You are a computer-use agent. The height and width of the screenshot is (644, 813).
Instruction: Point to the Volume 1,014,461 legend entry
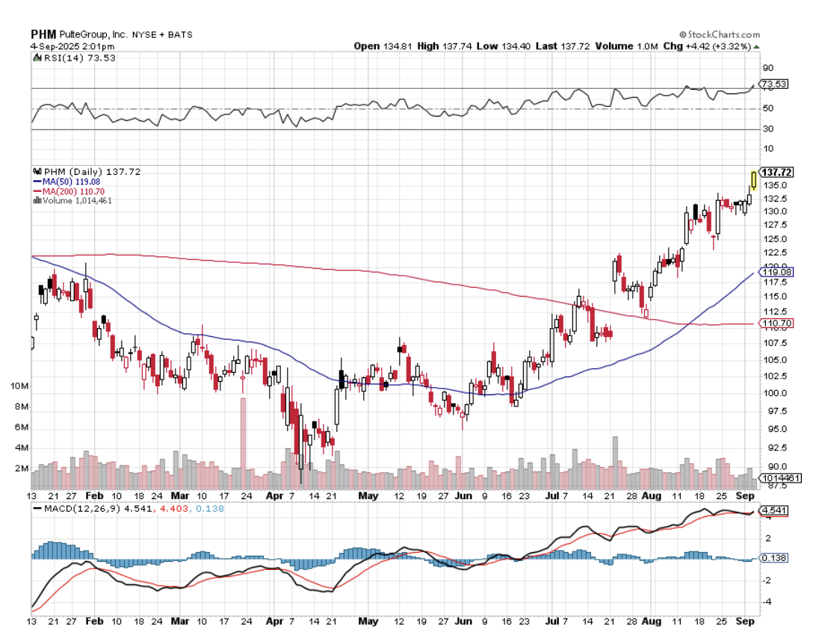coord(77,200)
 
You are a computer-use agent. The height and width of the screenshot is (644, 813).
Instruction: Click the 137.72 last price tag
coord(777,173)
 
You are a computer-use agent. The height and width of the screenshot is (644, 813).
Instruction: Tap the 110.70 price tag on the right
coord(777,323)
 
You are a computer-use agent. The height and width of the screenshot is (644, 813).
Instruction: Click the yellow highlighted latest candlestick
coord(753,179)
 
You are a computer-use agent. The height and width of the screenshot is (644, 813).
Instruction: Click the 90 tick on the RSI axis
coord(768,67)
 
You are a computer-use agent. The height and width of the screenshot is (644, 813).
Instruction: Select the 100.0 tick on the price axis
coord(773,394)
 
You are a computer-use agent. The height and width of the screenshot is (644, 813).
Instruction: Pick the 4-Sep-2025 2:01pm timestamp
coord(67,46)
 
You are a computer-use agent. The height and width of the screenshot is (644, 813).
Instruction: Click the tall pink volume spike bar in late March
coord(243,441)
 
